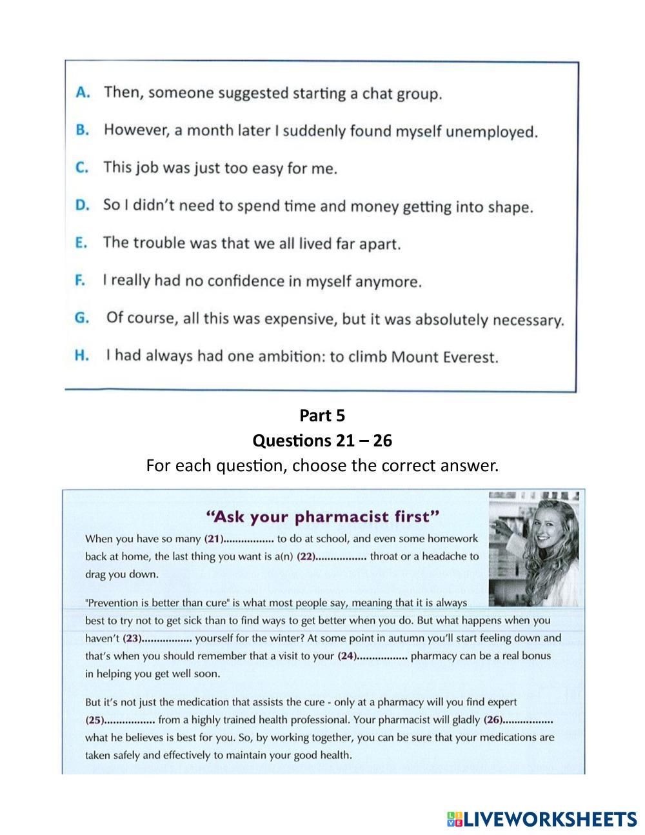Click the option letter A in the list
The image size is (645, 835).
pyautogui.click(x=82, y=92)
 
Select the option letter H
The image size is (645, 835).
pyautogui.click(x=81, y=356)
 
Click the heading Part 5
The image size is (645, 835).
pyautogui.click(x=322, y=416)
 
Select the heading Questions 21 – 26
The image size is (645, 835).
pyautogui.click(x=322, y=440)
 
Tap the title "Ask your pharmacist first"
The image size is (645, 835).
pyautogui.click(x=322, y=516)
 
